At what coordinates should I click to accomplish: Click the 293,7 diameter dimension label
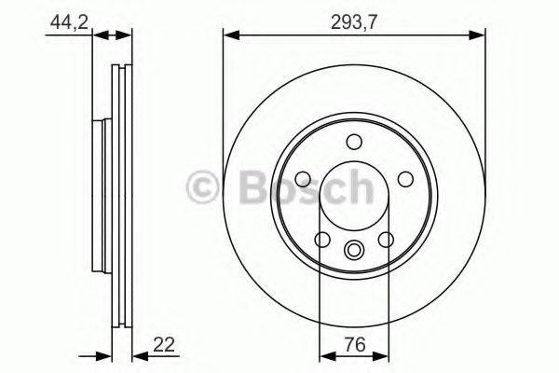354,20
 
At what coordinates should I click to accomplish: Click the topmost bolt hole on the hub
353,142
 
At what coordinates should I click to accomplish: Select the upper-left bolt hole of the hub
303,179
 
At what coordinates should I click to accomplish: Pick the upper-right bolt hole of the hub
404,179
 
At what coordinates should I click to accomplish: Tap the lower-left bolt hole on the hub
322,241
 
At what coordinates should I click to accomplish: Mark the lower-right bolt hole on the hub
385,241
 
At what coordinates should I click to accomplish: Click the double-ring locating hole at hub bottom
353,250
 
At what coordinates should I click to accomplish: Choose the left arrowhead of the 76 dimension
326,355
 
